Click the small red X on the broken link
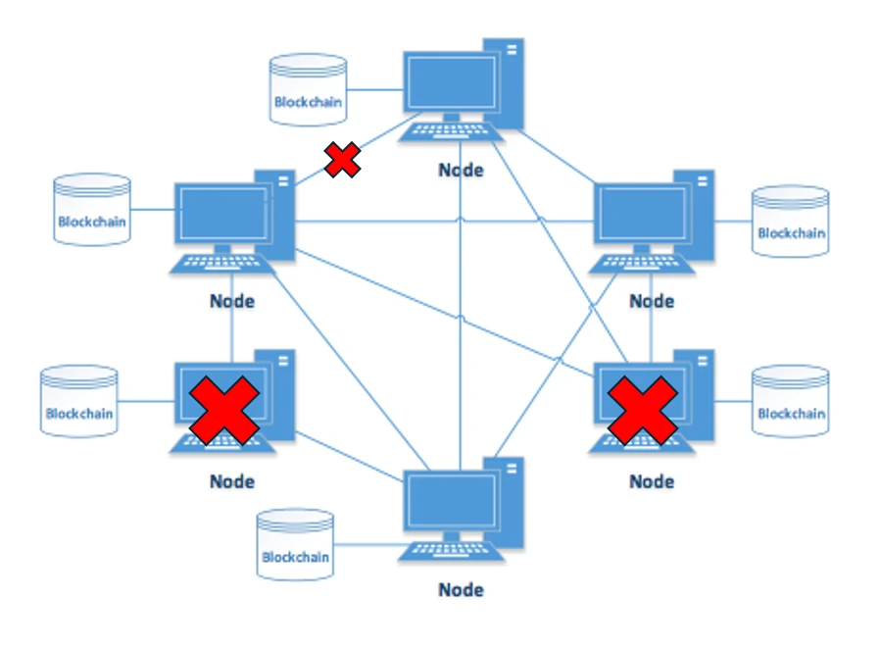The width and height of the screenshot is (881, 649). (342, 160)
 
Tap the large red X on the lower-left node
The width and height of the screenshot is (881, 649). (223, 409)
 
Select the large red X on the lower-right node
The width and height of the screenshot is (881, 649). (643, 409)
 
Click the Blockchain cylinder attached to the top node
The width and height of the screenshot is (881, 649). (309, 90)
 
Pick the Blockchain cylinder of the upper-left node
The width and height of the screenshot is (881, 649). (92, 210)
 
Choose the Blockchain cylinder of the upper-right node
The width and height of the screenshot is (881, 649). (790, 222)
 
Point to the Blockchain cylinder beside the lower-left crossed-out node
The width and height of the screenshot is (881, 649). (79, 402)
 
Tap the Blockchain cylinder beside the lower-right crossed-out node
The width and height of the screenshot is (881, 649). (790, 402)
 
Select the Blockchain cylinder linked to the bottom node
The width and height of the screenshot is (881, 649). (295, 545)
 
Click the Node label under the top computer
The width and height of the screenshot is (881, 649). (461, 170)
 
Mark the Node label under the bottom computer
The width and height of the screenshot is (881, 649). (461, 590)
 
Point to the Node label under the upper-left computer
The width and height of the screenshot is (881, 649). (232, 301)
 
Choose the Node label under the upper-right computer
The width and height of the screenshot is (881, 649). (652, 301)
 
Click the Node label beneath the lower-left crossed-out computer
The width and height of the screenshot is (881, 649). (232, 481)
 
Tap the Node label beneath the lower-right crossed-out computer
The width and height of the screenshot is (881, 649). (652, 481)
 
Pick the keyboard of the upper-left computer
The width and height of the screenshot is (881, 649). (222, 264)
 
